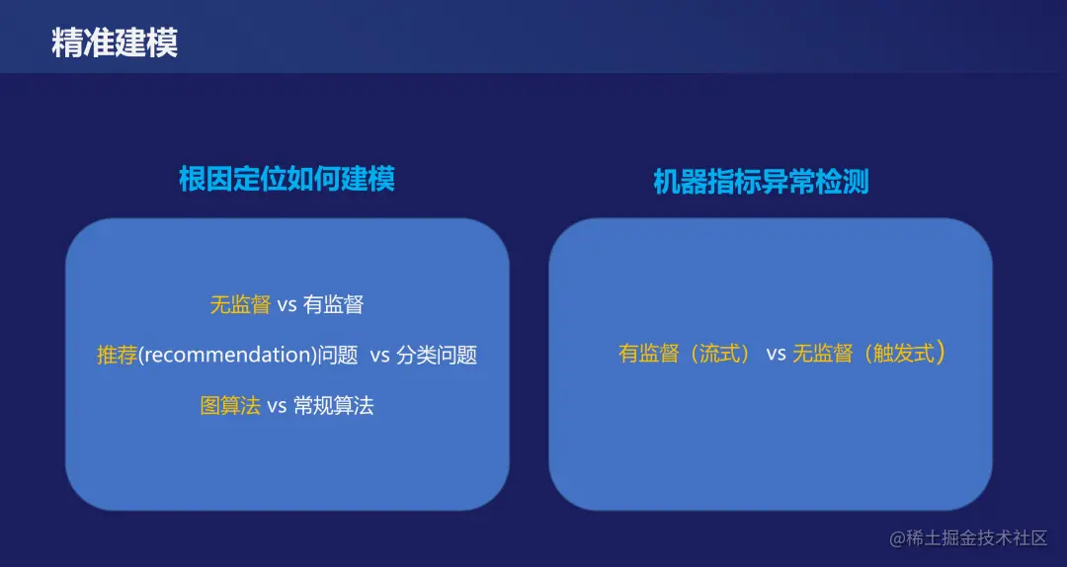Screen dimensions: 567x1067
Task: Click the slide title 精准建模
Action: [x=115, y=43]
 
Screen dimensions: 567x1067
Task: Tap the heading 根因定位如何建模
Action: [x=287, y=179]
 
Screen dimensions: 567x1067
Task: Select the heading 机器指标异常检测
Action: [x=761, y=182]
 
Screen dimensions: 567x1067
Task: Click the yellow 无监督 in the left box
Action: [x=240, y=304]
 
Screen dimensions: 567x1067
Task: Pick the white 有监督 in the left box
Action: [x=334, y=304]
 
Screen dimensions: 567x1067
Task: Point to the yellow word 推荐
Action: [x=117, y=355]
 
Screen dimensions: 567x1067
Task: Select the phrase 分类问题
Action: [x=437, y=355]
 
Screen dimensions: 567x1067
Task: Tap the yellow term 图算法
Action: [x=230, y=405]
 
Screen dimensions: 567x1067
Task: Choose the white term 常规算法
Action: [x=334, y=405]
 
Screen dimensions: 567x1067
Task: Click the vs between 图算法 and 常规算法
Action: [x=277, y=405]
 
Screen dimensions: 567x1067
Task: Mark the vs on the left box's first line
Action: [x=287, y=304]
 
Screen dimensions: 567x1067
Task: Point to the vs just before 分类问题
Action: [x=380, y=355]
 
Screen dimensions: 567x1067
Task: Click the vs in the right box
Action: [x=776, y=353]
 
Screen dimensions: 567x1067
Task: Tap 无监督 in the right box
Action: [x=822, y=353]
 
